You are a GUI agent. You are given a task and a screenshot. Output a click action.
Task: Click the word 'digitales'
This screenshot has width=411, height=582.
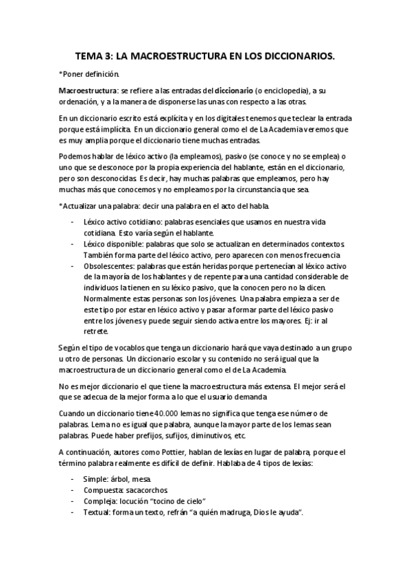[209, 119]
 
